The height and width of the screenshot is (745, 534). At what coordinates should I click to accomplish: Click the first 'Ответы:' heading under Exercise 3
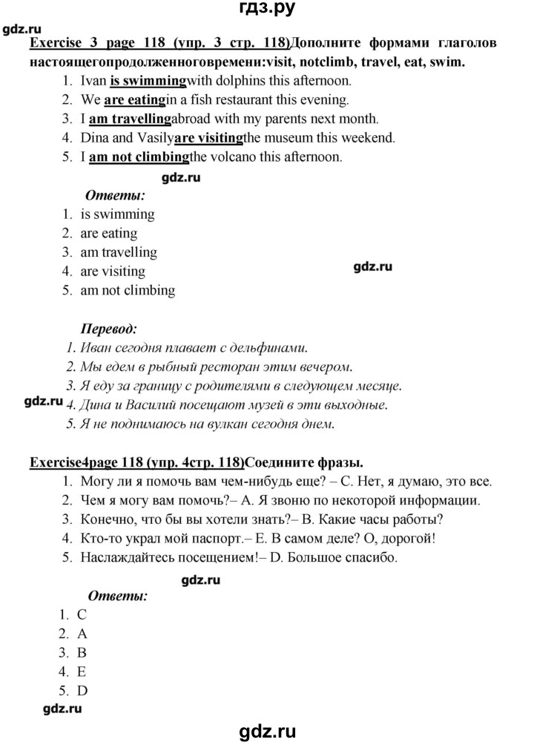[115, 196]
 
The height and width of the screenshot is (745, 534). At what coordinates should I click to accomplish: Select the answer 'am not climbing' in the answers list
[128, 290]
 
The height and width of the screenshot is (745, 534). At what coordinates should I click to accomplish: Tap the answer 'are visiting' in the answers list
[113, 271]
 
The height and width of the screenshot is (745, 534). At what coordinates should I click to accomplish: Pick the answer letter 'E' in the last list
[82, 672]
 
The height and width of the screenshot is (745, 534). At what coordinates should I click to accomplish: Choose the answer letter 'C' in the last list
[82, 614]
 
